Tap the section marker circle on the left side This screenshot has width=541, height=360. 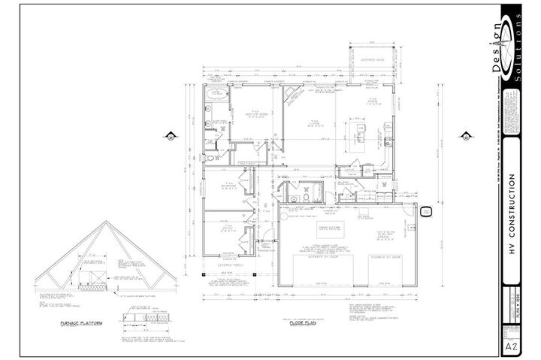tap(169, 137)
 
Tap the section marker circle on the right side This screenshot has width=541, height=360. tap(466, 137)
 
